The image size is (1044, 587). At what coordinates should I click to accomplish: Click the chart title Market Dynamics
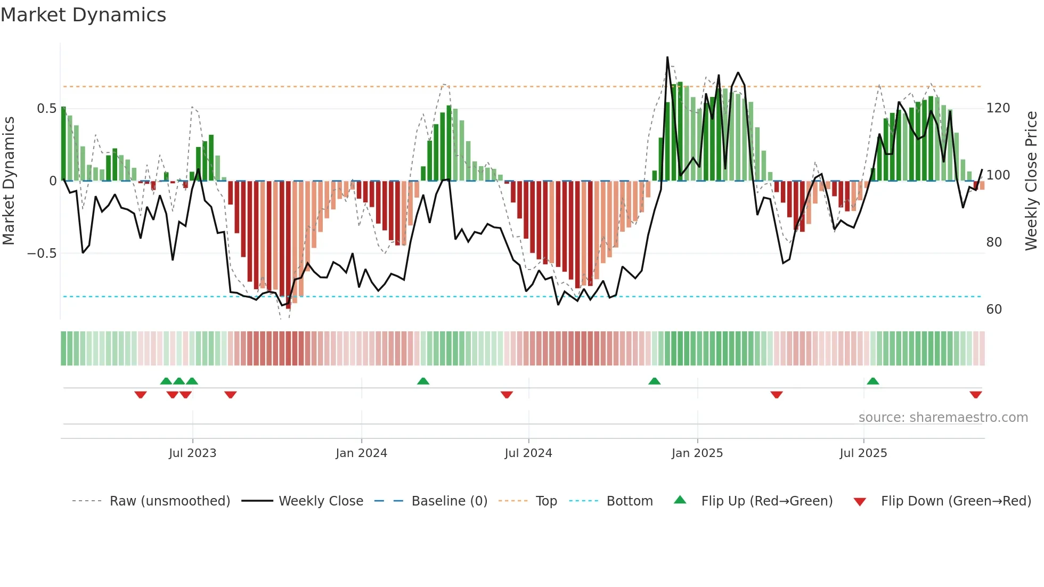click(83, 15)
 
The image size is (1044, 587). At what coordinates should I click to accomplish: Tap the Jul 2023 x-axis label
click(192, 453)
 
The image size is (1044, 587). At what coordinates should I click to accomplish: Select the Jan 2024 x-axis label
click(361, 453)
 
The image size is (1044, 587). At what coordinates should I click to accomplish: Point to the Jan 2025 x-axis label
click(697, 453)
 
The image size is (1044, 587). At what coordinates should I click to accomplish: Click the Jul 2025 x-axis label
click(863, 453)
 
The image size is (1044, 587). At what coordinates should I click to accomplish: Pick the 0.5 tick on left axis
click(46, 109)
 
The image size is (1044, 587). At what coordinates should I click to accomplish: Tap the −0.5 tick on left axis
click(42, 253)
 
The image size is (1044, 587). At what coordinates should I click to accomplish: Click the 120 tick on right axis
click(998, 108)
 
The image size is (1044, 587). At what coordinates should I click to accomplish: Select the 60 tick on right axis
click(994, 309)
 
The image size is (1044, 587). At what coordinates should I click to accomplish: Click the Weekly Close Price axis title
click(1031, 181)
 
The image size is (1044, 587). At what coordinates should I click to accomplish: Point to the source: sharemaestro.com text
click(943, 418)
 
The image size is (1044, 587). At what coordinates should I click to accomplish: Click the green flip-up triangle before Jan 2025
click(654, 381)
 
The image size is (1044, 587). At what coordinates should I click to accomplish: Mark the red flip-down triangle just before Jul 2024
click(507, 395)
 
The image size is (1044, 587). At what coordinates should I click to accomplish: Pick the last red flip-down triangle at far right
click(975, 395)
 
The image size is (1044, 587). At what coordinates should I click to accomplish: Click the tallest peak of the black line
click(667, 58)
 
